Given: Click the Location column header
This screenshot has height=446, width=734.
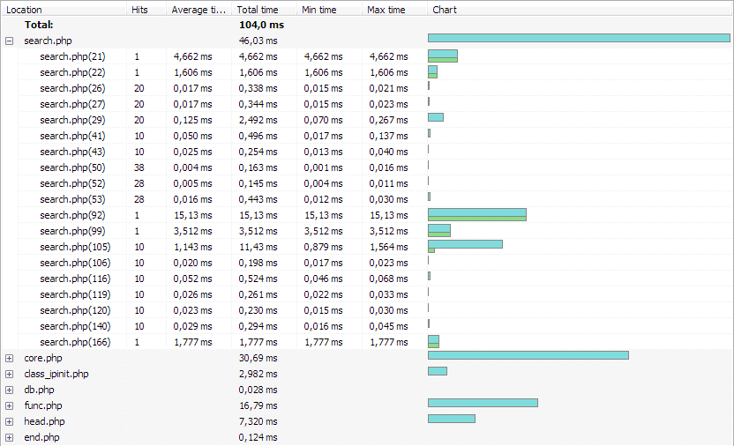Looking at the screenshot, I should click(x=25, y=10).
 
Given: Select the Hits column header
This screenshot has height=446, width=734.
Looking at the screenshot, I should click(x=139, y=10).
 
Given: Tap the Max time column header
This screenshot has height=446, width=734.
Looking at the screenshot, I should click(x=386, y=10).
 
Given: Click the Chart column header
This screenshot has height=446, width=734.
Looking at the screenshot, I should click(x=445, y=10).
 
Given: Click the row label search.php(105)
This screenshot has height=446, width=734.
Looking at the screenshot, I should click(x=75, y=247).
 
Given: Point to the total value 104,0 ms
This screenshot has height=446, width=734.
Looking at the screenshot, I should click(x=261, y=25).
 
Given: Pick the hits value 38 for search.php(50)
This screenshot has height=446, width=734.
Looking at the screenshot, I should click(x=139, y=167).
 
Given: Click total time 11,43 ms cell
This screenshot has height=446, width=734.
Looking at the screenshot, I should click(x=258, y=247).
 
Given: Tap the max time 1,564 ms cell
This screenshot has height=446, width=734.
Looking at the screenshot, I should click(x=388, y=247).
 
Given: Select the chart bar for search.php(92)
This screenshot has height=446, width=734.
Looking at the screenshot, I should click(x=476, y=214).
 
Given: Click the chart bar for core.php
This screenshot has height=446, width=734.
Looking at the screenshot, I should click(x=528, y=355).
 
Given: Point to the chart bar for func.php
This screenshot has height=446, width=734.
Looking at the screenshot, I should click(x=483, y=403).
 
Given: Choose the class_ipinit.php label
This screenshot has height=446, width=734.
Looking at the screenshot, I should click(x=56, y=374).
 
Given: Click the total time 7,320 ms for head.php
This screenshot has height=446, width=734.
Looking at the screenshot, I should click(x=258, y=421).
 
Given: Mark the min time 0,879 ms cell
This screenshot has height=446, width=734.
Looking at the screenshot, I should click(x=322, y=247).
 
